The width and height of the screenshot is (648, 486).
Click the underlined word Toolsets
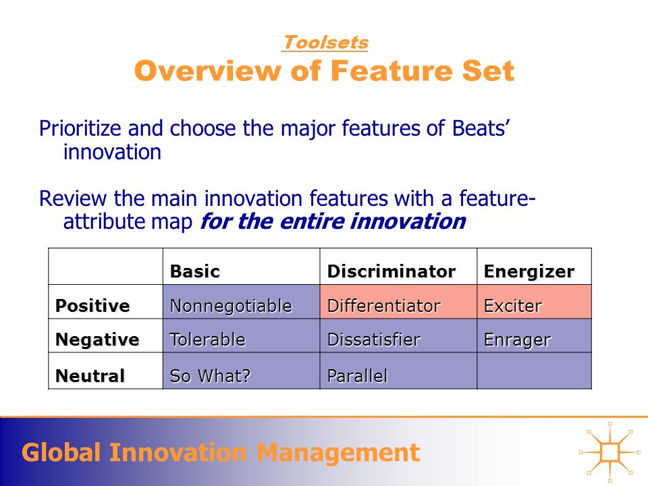point(325,43)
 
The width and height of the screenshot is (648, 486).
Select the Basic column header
point(194,271)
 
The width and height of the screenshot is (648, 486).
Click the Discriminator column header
point(391,271)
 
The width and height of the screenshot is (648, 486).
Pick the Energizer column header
point(529,271)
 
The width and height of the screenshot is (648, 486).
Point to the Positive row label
point(92,306)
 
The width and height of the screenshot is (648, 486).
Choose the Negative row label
point(97,340)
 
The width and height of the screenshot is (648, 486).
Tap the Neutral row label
point(90,376)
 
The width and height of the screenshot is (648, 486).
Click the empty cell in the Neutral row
point(535,371)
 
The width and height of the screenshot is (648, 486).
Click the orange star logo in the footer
point(610,452)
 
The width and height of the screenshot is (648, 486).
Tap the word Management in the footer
point(338,452)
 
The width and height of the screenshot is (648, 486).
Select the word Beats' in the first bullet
point(481,128)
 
